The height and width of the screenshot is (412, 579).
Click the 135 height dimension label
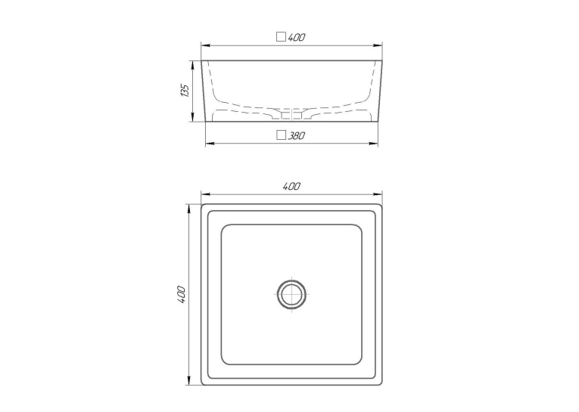click(185, 91)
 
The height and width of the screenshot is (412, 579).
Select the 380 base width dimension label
click(297, 136)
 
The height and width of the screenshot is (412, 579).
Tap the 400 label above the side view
click(297, 37)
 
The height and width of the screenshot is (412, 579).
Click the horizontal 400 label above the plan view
click(291, 186)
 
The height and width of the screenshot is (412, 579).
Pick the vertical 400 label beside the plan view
click(182, 294)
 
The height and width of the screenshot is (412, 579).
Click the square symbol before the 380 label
click(282, 135)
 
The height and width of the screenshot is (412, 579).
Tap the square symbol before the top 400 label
click(282, 37)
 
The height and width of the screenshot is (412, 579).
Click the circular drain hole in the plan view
click(291, 294)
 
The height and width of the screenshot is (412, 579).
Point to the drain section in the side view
click(291, 114)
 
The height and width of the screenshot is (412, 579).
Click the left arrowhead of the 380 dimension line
click(210, 144)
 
